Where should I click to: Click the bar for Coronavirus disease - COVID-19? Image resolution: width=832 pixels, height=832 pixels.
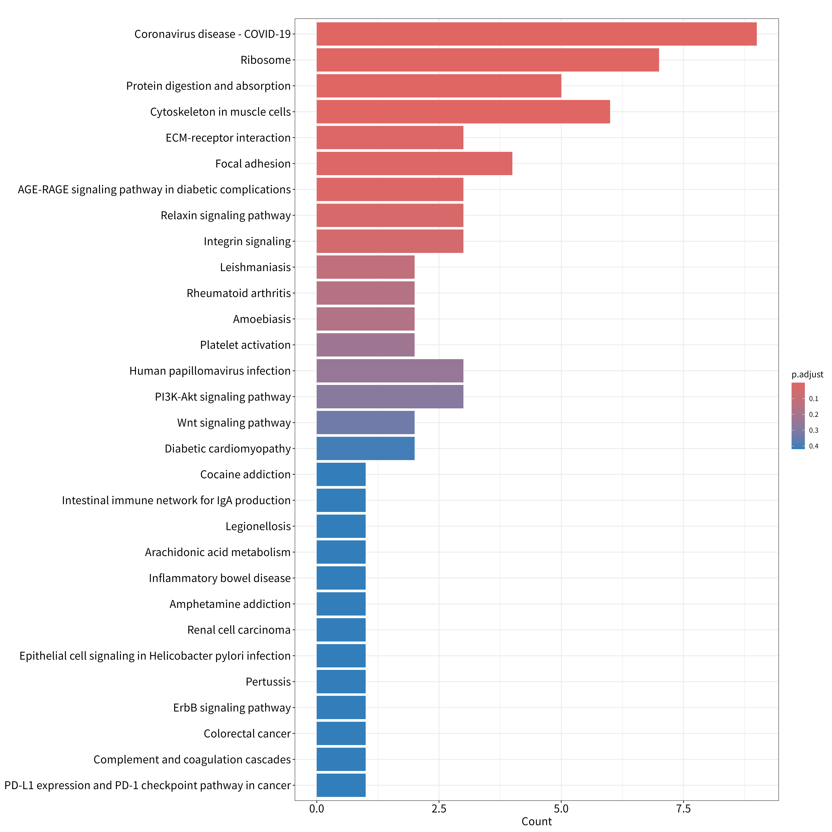coord(537,34)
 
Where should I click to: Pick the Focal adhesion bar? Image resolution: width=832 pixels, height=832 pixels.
coord(414,164)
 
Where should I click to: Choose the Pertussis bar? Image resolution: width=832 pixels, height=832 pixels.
coord(341,682)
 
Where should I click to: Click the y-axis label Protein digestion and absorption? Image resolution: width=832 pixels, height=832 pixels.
coord(208,86)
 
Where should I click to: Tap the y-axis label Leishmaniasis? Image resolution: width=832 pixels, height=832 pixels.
coord(255,267)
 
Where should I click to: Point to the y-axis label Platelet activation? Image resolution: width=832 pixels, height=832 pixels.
coord(245,345)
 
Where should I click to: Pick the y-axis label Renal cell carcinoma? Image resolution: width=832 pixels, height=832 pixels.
coord(239,630)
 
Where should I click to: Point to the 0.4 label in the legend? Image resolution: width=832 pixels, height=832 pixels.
coord(813,446)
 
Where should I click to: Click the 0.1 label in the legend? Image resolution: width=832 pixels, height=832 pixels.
coord(813,399)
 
